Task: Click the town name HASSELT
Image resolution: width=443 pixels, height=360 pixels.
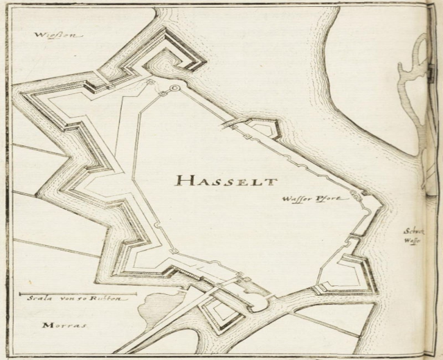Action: (x=226, y=181)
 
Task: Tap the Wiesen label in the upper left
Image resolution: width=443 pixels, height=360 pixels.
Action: (x=59, y=35)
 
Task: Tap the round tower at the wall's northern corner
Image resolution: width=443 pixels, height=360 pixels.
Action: (x=174, y=89)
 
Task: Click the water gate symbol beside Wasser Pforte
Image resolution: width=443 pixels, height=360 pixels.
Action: (x=356, y=195)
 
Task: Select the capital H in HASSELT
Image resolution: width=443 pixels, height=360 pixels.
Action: (x=183, y=181)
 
